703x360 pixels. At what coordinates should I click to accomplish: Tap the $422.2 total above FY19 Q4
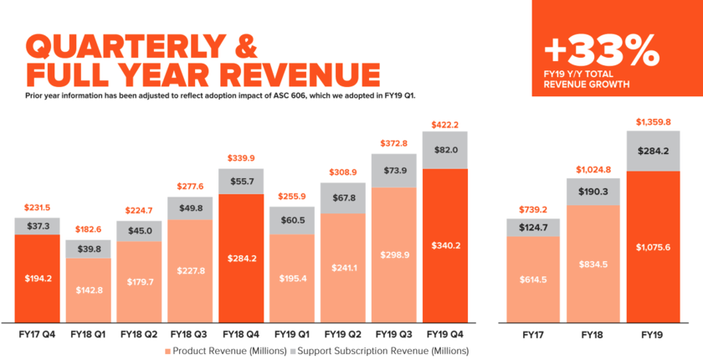coord(445,124)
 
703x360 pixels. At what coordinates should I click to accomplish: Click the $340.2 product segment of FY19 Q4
coord(445,245)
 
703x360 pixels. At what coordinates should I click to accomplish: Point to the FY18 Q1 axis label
coord(88,333)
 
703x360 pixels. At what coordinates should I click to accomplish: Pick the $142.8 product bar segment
coord(88,290)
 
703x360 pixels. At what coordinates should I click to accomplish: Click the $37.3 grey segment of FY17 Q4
coord(37,226)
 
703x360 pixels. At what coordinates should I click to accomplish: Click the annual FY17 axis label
coord(532,333)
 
